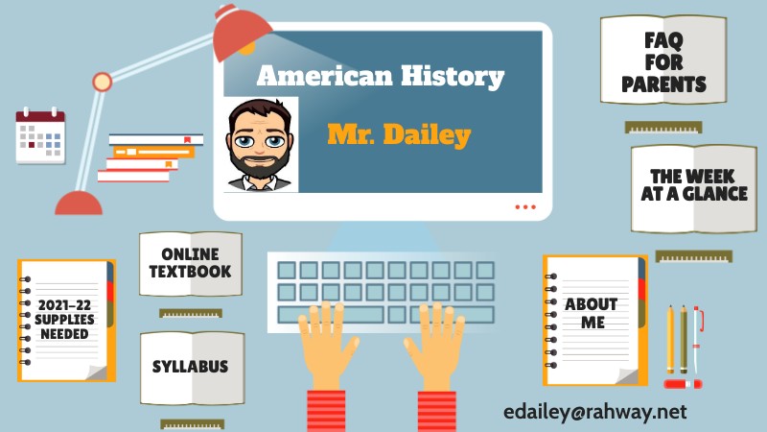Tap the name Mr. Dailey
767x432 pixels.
(x=399, y=134)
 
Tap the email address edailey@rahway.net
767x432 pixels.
(x=595, y=411)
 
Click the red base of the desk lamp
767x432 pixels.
(x=79, y=203)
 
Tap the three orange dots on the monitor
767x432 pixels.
(x=525, y=206)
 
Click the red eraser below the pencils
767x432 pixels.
(x=683, y=384)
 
